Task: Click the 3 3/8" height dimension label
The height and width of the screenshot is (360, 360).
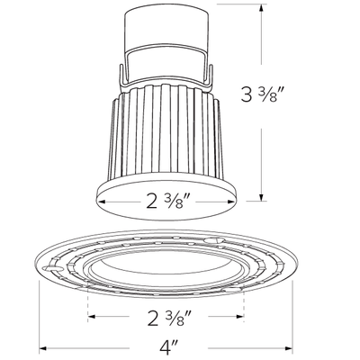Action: click(x=263, y=94)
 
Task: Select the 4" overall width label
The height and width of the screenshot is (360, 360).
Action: click(x=169, y=348)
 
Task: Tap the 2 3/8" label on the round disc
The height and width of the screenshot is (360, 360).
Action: click(x=168, y=201)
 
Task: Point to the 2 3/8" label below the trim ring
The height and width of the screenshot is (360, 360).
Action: click(x=169, y=318)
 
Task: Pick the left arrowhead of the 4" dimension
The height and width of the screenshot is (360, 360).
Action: click(x=43, y=348)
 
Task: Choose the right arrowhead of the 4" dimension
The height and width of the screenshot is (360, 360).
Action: click(x=288, y=348)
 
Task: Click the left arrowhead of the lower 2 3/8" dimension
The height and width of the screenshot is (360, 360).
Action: click(x=92, y=316)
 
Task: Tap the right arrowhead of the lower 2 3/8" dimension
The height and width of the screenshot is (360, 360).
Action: click(x=239, y=316)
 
